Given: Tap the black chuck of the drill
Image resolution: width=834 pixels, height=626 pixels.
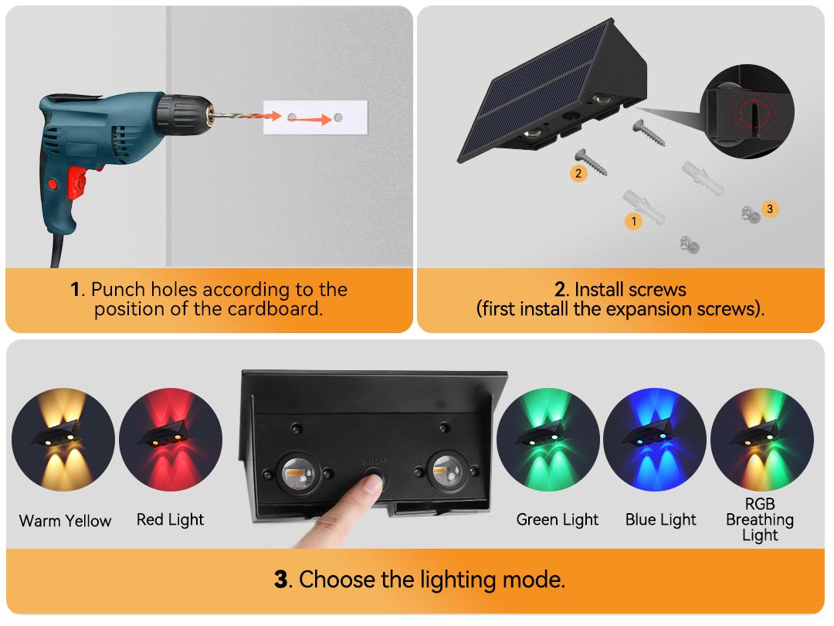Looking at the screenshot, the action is pyautogui.click(x=180, y=115).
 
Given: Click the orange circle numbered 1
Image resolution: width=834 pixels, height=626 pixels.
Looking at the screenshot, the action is pyautogui.click(x=633, y=221).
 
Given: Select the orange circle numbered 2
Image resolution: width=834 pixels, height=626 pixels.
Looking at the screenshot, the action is pyautogui.click(x=578, y=173).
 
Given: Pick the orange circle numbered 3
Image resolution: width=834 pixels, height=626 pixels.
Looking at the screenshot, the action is pyautogui.click(x=770, y=209).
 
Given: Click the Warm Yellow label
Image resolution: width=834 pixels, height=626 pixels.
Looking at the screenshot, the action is pyautogui.click(x=65, y=521).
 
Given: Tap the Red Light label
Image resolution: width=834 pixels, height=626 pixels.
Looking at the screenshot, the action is pyautogui.click(x=170, y=519).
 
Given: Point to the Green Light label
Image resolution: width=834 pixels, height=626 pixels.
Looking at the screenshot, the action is pyautogui.click(x=558, y=519).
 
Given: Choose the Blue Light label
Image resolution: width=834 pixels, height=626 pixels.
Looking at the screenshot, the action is pyautogui.click(x=660, y=519).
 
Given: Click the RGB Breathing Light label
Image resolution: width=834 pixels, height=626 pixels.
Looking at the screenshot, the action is pyautogui.click(x=760, y=519).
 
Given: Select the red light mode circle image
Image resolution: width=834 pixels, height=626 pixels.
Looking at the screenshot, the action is pyautogui.click(x=171, y=440).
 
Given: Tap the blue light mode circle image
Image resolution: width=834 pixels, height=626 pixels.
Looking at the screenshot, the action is pyautogui.click(x=655, y=440).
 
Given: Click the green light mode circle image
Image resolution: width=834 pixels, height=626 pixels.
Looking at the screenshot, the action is pyautogui.click(x=548, y=440).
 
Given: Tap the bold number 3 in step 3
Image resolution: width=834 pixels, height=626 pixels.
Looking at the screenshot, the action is pyautogui.click(x=281, y=580).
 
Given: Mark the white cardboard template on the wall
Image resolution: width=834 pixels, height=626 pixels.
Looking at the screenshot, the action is pyautogui.click(x=315, y=117).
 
